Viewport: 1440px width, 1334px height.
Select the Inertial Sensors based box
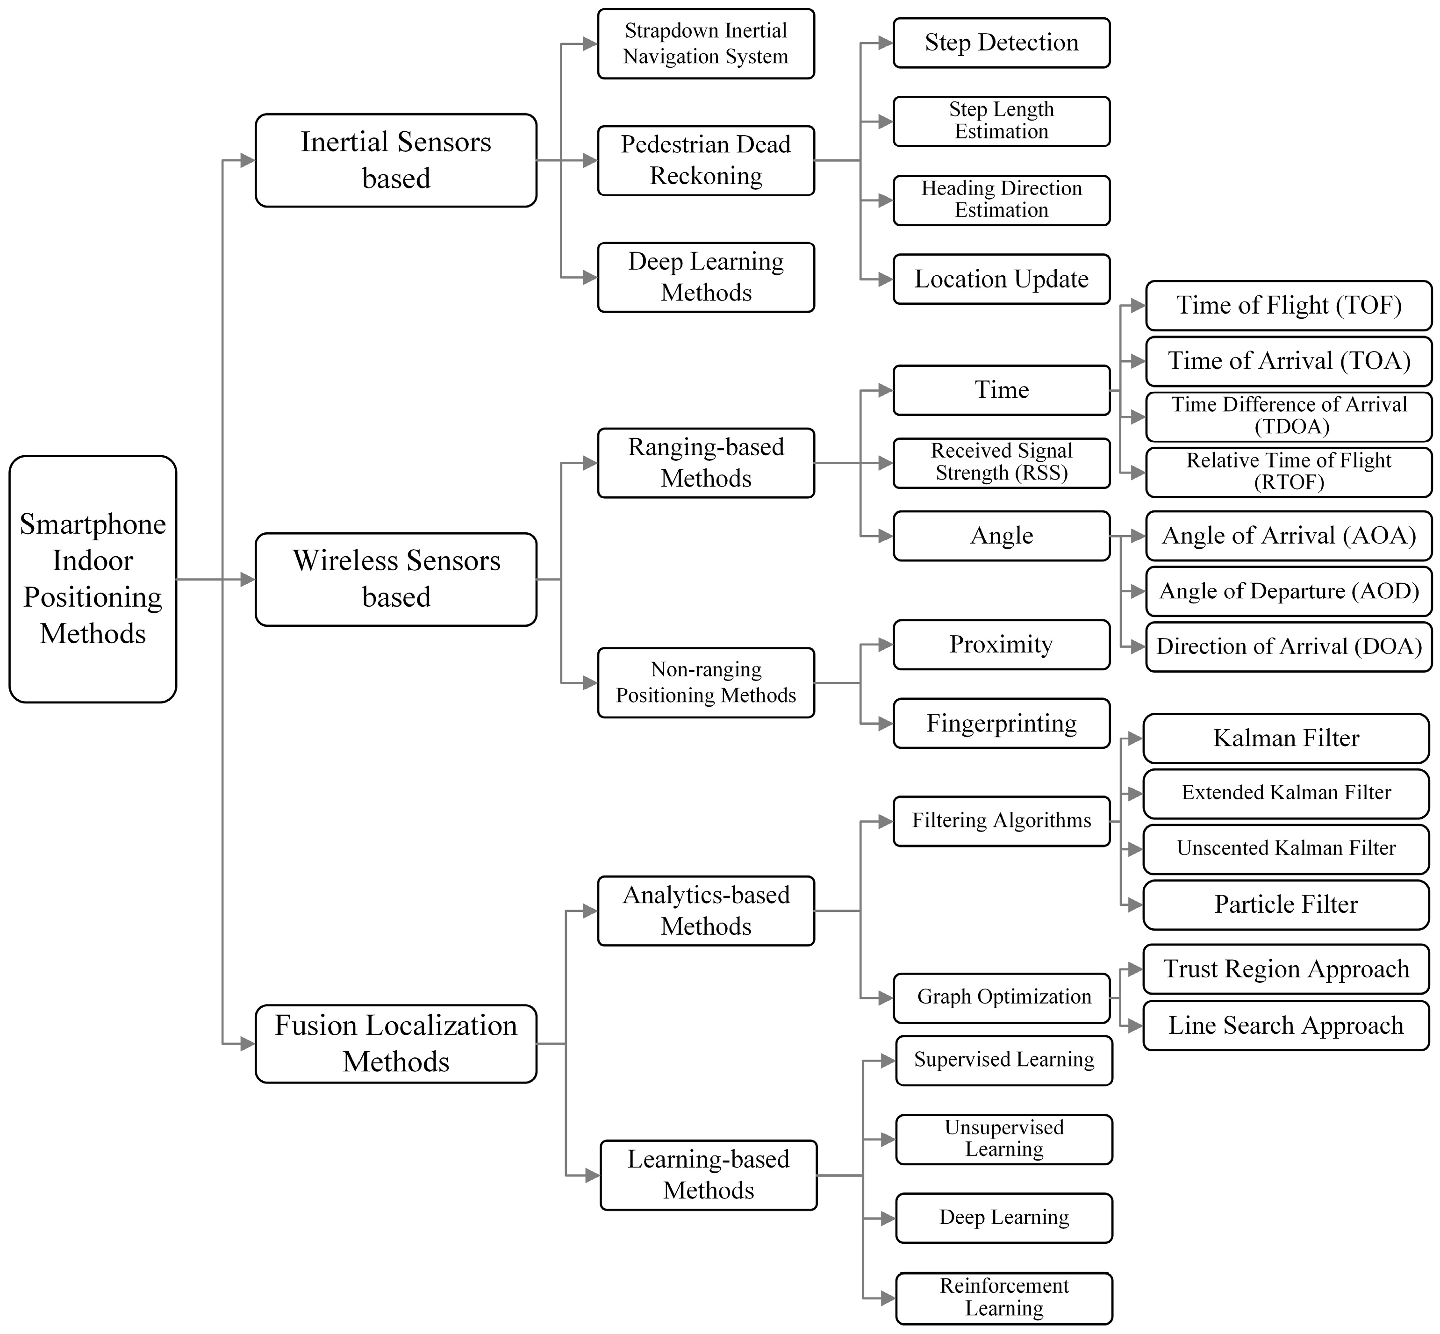click(395, 160)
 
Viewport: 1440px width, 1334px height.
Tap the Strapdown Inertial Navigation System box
click(705, 43)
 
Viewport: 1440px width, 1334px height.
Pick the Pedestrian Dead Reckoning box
click(705, 160)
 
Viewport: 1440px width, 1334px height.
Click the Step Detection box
click(1001, 43)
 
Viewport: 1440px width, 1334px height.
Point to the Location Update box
click(1001, 279)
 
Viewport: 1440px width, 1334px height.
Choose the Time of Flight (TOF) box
click(1289, 305)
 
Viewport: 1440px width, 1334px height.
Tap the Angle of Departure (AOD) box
click(1289, 591)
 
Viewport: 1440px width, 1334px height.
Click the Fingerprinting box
click(1001, 723)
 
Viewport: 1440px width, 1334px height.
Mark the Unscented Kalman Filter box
click(1286, 848)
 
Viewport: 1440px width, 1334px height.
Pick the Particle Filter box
click(1286, 904)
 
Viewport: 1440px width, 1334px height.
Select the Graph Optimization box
click(1001, 997)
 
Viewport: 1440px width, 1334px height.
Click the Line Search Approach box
click(1286, 1025)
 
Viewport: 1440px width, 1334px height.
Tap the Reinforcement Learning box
click(1004, 1297)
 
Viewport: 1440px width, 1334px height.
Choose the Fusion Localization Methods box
click(395, 1043)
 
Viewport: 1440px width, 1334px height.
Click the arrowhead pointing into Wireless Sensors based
click(248, 579)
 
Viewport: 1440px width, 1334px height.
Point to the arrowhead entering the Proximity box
click(886, 645)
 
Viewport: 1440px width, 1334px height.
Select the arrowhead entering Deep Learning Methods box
click(590, 277)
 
